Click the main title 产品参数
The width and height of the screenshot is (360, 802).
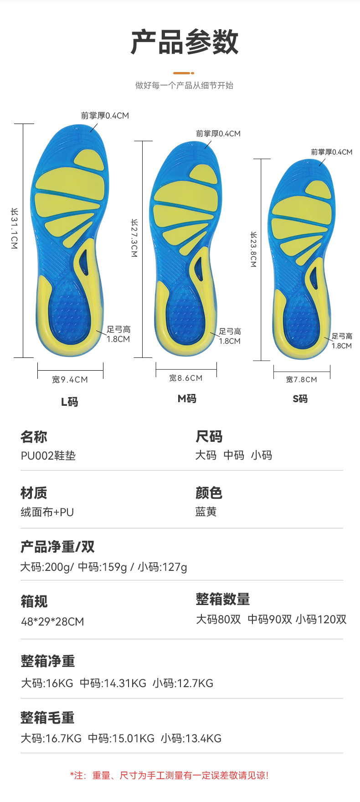pos(184,42)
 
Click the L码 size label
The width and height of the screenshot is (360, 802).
pos(70,402)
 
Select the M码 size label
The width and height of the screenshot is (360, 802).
pos(187,398)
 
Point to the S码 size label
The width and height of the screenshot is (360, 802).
pos(300,399)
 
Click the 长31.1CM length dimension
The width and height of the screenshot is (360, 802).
pos(15,228)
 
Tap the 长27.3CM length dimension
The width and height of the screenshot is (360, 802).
pos(134,238)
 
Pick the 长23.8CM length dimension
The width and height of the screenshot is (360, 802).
pos(253,249)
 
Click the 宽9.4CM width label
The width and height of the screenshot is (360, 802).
pos(70,379)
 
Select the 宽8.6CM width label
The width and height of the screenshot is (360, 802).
pos(185,378)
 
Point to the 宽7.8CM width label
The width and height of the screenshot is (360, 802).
pos(301,379)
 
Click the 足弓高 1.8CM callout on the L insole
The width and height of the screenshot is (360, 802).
pos(118,334)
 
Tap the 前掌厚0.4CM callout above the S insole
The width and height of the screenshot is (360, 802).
pos(331,152)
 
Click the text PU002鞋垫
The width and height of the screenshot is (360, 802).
pos(48,455)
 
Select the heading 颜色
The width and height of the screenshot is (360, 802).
pos(209,493)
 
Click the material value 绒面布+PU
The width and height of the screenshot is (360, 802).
pos(47,512)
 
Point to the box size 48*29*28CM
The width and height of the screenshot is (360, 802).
pos(52,621)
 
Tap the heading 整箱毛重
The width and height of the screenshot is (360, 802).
pos(47,718)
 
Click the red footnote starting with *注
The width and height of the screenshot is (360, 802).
pos(169,776)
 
